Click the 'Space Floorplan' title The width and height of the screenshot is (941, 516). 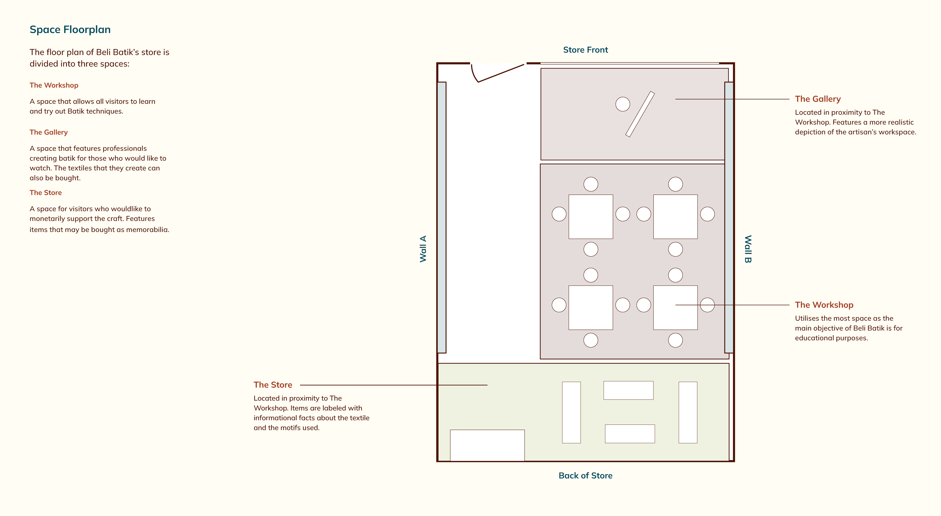click(70, 30)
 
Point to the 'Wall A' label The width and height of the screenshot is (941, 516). click(423, 249)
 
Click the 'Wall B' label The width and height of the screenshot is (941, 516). click(748, 249)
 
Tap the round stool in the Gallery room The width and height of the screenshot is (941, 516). click(622, 104)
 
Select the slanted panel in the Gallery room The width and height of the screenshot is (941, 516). click(640, 114)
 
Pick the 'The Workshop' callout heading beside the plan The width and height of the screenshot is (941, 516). click(824, 305)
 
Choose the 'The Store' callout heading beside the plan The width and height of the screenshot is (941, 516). click(273, 385)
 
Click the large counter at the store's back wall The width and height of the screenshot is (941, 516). click(487, 445)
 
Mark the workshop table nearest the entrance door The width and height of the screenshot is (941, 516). click(591, 217)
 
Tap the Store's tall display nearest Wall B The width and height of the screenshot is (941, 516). click(688, 413)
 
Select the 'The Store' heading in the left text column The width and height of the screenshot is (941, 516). click(46, 193)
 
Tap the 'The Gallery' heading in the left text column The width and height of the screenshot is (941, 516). click(49, 132)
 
